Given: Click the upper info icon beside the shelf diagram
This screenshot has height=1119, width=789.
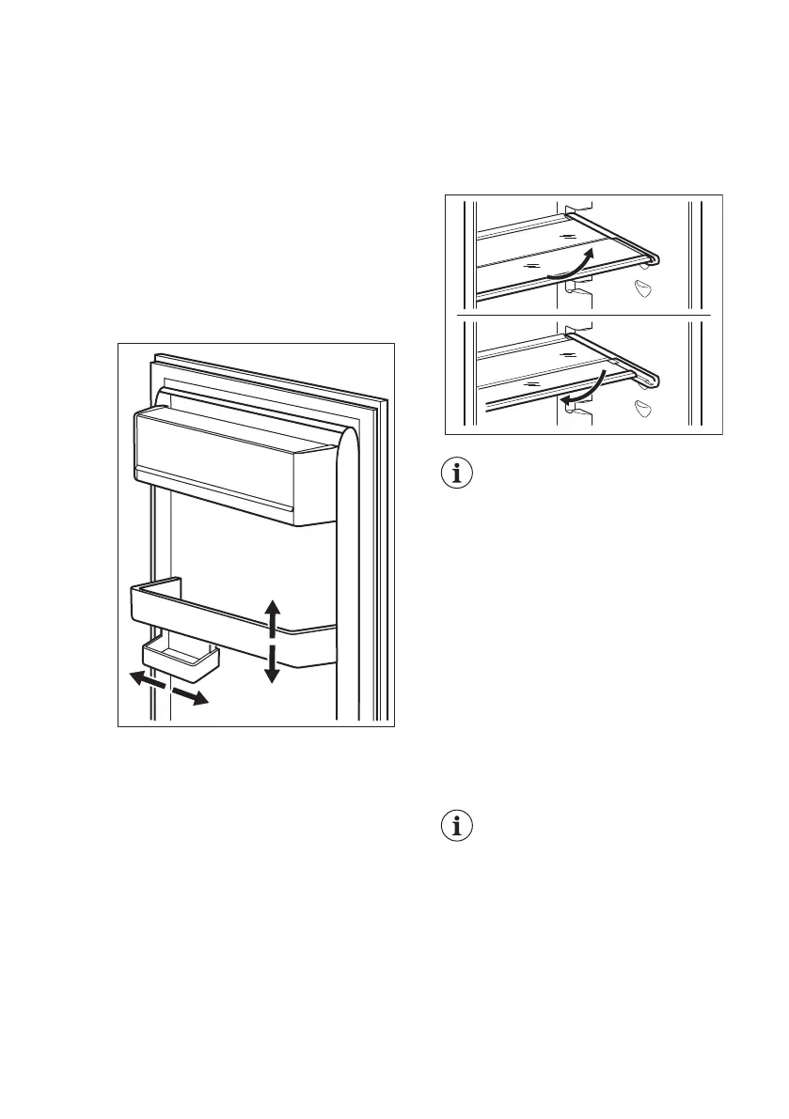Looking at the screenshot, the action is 459,474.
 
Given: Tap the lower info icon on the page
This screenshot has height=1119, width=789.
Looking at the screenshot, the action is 459,828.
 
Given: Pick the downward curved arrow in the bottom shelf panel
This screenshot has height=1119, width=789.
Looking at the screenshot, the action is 585,385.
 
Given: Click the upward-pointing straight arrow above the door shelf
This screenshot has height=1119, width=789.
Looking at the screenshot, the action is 272,613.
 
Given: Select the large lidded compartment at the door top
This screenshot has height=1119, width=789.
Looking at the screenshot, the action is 235,460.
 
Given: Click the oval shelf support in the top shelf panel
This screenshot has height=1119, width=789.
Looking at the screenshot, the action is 643,288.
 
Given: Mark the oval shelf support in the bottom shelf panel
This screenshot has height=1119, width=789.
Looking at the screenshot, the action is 643,407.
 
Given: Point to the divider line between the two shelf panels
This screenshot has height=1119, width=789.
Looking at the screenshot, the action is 583,314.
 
